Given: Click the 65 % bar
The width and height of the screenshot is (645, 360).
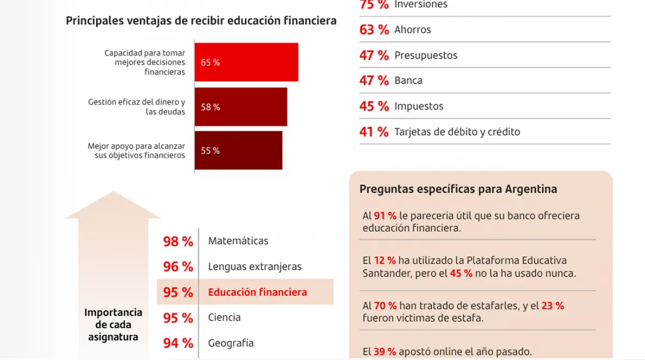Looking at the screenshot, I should pos(246,62).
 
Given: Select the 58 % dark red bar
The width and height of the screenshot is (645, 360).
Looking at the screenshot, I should pos(240,107).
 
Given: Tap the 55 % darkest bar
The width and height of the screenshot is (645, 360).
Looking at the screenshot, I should pos(238,150).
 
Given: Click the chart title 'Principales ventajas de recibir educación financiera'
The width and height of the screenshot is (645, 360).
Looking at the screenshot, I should pos(201,21).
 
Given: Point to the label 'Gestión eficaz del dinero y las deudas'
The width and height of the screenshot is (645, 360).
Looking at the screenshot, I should pos(137,107).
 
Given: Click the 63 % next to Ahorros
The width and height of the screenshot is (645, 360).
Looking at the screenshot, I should pos(374,30).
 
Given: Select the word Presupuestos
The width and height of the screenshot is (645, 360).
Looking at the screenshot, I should pos(426,55).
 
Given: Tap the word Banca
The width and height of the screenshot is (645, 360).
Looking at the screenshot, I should pos(408,81).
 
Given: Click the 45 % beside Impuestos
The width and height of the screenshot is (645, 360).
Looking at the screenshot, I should pos(374,106).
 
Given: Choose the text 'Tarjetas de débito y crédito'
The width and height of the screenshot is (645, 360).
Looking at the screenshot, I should pos(457,132).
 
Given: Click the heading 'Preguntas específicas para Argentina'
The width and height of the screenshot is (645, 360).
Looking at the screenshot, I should pos(458,189).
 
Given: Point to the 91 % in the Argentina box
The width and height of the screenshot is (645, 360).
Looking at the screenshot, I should pos(385,216).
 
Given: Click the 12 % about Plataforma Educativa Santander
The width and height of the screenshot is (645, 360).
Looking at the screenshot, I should pos(385,261).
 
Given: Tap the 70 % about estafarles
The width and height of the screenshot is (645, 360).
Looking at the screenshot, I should pos(385,306).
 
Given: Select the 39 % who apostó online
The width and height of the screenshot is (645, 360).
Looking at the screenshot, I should pos(385,352).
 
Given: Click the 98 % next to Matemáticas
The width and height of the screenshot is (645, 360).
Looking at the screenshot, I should pos(178,242).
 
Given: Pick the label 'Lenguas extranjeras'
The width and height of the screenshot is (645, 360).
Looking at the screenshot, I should pos(255,267).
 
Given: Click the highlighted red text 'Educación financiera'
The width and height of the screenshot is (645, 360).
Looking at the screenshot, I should pos(257,292).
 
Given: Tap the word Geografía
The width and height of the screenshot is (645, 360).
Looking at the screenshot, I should pos(231,343).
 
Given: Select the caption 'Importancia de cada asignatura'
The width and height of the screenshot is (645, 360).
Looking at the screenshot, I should pos(113,325).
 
